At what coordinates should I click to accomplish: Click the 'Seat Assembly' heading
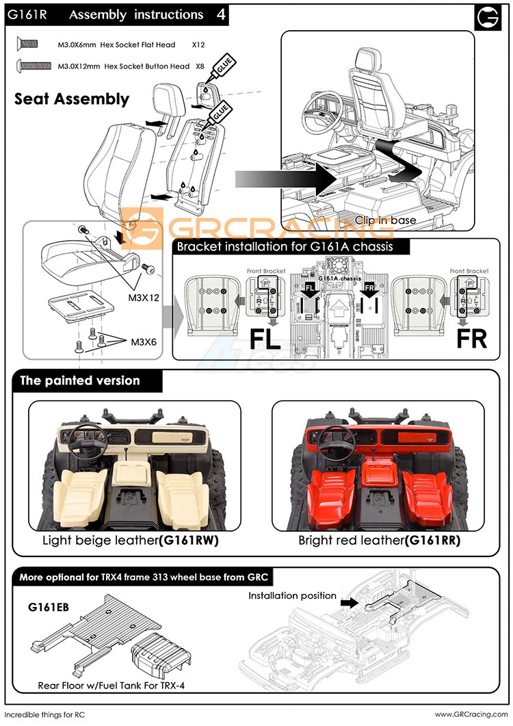(72, 99)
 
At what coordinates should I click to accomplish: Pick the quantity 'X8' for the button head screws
(200, 66)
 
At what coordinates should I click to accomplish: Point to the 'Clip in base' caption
(384, 220)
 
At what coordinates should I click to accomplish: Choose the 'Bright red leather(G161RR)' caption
(379, 541)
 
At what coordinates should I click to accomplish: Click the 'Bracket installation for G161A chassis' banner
(285, 246)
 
